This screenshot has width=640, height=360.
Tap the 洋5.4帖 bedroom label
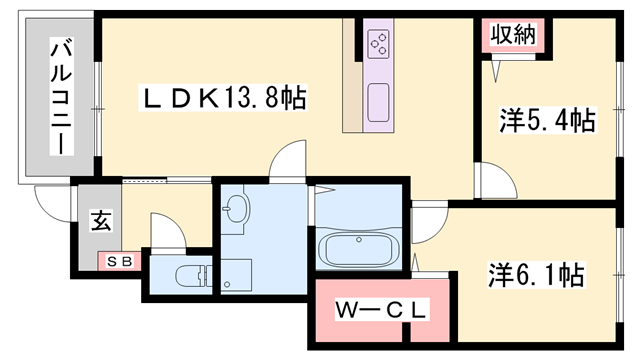[x=547, y=122]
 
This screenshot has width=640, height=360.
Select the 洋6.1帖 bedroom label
[x=536, y=272]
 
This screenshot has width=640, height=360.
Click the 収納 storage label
[x=513, y=34]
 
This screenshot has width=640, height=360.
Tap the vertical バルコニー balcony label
[x=59, y=98]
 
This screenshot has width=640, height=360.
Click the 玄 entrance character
[x=102, y=221]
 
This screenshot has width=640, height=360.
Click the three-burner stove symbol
[x=379, y=43]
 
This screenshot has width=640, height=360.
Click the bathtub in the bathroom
[x=359, y=247]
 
